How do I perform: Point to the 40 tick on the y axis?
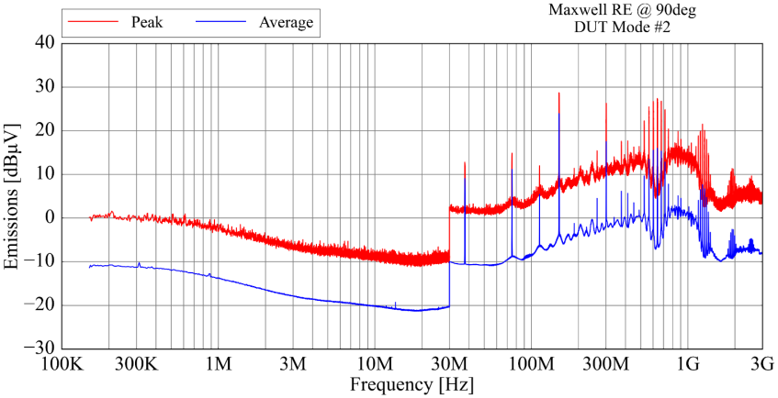coord(43,43)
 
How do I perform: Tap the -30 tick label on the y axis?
coord(39,349)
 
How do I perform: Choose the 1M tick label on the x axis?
coord(219,364)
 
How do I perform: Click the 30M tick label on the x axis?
coord(449,364)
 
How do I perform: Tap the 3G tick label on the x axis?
coord(761,364)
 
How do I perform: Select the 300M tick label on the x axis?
coord(605,364)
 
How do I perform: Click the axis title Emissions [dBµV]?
coord(13,196)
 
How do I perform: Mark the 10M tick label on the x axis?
coord(375,364)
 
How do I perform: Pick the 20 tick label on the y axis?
coord(43,131)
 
